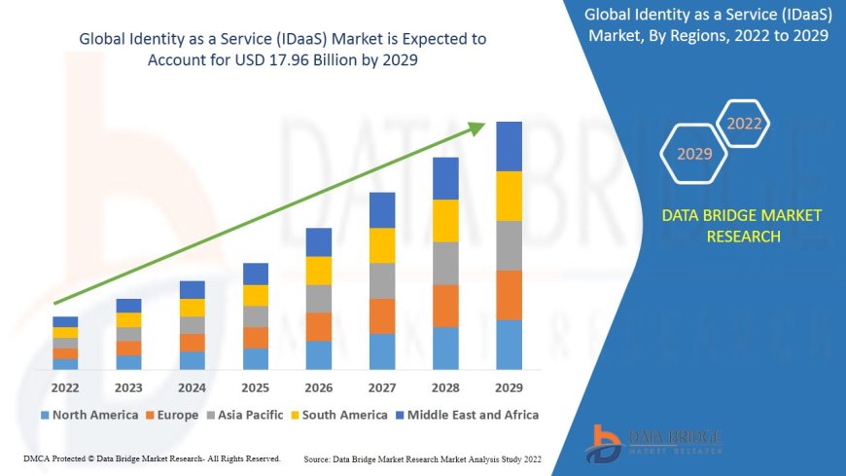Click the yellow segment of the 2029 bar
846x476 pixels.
tap(509, 196)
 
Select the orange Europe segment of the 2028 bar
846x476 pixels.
tap(445, 306)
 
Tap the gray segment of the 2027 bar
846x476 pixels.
tap(382, 280)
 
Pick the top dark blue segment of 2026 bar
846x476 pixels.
tap(319, 242)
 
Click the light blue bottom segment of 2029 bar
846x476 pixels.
tap(509, 345)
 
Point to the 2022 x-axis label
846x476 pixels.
tap(65, 386)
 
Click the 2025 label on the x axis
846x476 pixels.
tap(255, 386)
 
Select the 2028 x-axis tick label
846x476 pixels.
tap(445, 386)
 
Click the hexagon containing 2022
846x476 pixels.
tap(744, 124)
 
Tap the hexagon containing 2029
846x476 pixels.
tap(694, 154)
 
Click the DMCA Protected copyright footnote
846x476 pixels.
tap(151, 458)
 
